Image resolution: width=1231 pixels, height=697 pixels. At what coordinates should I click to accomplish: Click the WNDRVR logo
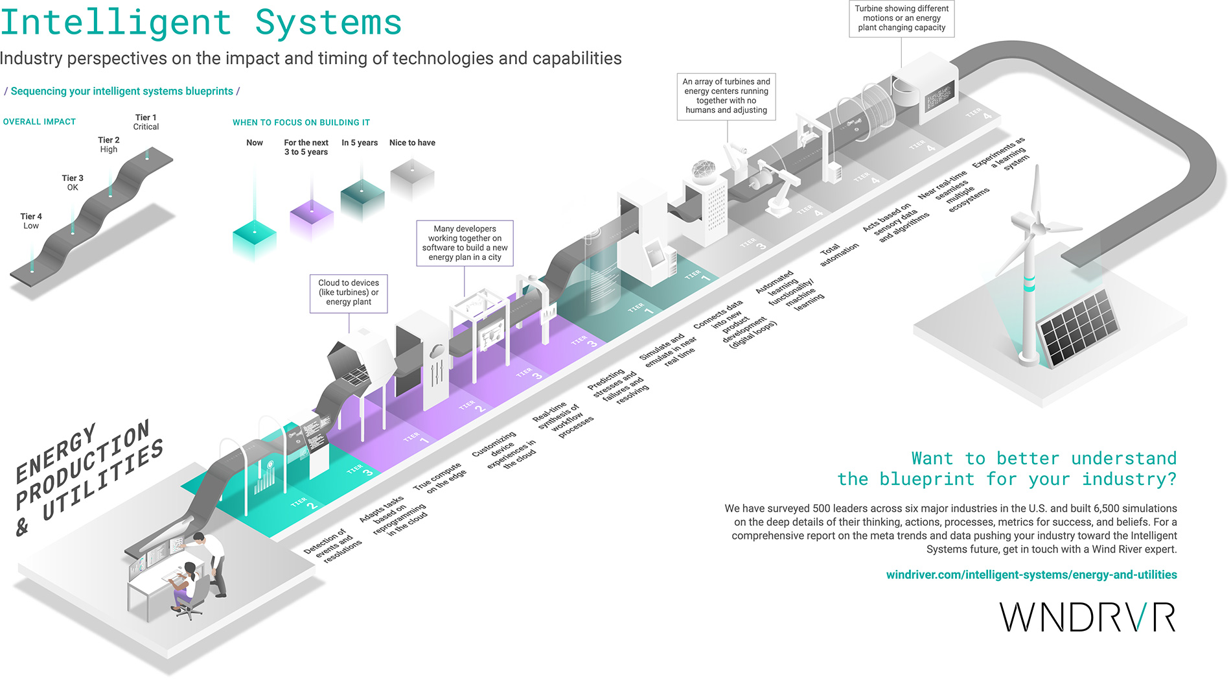pos(1087,617)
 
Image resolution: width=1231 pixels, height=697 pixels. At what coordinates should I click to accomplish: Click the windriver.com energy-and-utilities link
pos(1031,574)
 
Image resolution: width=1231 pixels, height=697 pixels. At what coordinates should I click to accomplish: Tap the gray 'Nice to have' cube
pos(412,179)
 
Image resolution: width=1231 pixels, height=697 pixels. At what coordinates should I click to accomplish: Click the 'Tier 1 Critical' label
pos(146,122)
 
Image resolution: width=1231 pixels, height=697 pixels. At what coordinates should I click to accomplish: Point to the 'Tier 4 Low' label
pos(31,221)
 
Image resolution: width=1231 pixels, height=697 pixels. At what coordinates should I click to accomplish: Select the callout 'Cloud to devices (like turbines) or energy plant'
pos(349,293)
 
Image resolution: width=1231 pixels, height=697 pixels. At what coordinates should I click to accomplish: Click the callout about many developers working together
pos(465,243)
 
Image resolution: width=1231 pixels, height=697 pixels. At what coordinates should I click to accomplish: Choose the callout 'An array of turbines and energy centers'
pos(726,96)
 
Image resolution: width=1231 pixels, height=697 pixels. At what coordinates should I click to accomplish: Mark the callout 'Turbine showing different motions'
pos(901,18)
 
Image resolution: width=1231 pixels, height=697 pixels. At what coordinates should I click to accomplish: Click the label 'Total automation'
pos(839,254)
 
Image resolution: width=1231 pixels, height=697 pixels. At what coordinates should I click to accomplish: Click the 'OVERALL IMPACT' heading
pos(40,121)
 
